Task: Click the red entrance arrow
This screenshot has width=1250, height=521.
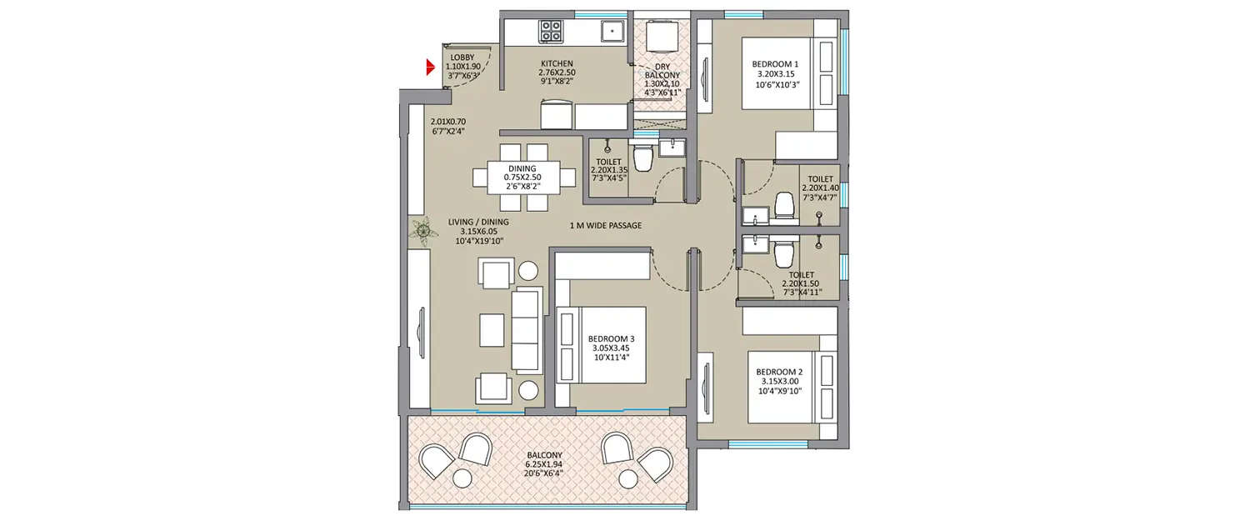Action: point(431,68)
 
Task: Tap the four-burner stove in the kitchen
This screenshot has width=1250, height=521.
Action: point(551,32)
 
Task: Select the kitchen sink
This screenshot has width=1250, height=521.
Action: point(612,31)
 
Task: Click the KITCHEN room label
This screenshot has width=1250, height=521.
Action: point(557,64)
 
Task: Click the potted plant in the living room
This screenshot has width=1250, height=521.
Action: point(423,230)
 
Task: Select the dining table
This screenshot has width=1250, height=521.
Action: point(524,177)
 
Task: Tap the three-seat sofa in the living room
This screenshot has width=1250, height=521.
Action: point(526,330)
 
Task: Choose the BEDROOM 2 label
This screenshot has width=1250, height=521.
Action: point(779,372)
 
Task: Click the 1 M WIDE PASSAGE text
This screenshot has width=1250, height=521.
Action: point(606,226)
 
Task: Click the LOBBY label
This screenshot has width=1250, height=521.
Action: point(462,58)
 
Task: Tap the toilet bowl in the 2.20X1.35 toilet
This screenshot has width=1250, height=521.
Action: point(642,157)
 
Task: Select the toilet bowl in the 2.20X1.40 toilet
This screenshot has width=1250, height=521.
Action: point(784,205)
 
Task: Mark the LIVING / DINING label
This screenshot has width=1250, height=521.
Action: point(478,222)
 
